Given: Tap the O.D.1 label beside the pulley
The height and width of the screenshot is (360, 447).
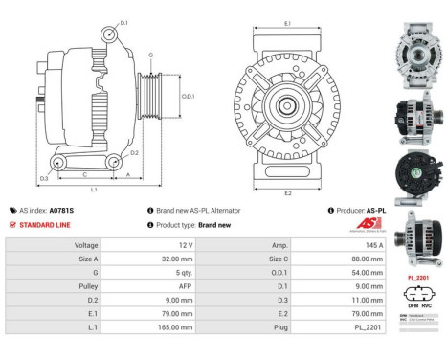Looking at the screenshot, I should click(188, 96).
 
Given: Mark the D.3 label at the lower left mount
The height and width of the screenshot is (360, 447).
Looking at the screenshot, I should click(44, 179).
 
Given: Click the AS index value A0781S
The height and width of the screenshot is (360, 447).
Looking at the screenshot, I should click(61, 210).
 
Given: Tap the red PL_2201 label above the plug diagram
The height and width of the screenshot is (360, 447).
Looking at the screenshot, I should click(417, 278).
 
